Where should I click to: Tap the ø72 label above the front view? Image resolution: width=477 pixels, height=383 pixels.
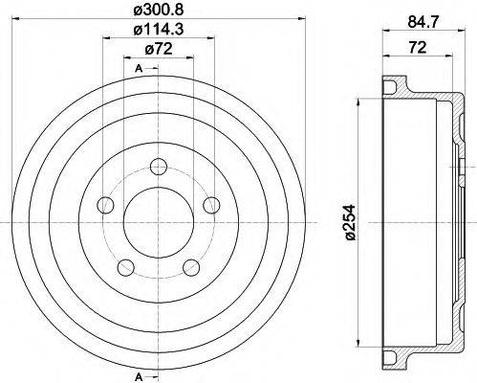point(157,51)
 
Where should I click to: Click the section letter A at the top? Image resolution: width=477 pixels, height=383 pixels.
point(140,69)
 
